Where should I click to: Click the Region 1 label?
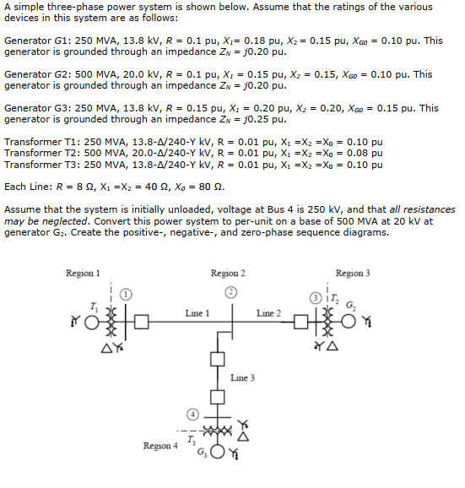click(x=83, y=274)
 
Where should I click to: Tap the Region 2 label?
click(x=228, y=274)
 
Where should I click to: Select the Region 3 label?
click(x=352, y=274)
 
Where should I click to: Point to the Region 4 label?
click(x=160, y=445)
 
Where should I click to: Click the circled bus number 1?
click(x=125, y=295)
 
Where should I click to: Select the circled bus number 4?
click(x=192, y=415)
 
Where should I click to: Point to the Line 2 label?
click(x=268, y=313)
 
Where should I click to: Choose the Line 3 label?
click(x=242, y=377)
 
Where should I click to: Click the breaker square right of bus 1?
click(x=141, y=322)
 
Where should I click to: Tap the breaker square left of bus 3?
click(x=301, y=322)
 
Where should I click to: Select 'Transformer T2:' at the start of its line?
click(x=42, y=153)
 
